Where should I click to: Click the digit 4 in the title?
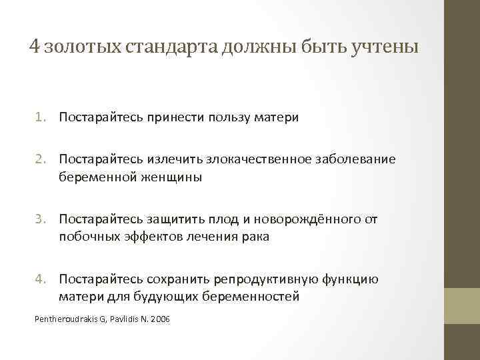click(x=34, y=47)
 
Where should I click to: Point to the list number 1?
click(x=39, y=117)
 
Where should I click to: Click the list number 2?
click(x=39, y=159)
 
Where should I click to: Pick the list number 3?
click(x=39, y=219)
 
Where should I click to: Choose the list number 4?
click(x=39, y=279)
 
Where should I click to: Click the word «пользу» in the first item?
click(x=229, y=117)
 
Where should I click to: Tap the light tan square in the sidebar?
click(x=462, y=305)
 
